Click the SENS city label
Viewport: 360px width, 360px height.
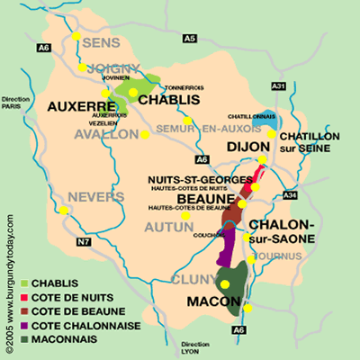click(x=100, y=42)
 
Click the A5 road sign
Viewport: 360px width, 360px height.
click(x=189, y=39)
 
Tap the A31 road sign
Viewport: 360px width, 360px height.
click(x=278, y=85)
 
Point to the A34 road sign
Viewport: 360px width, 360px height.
click(x=290, y=194)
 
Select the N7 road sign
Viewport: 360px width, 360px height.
click(x=84, y=241)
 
